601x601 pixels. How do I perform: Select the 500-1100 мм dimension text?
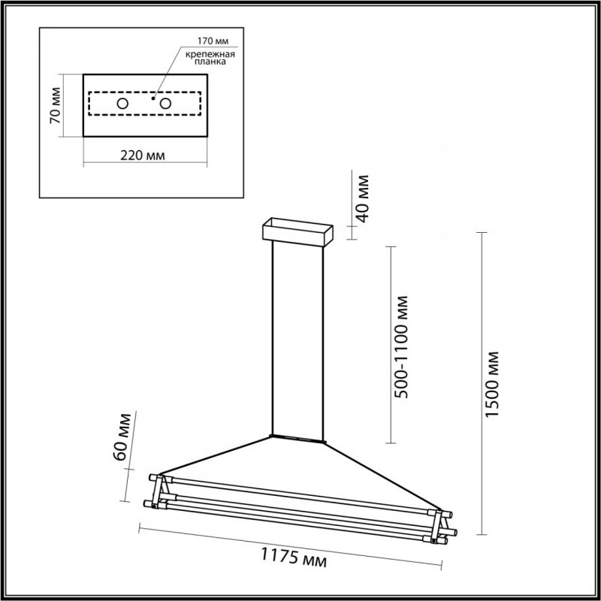point(403,345)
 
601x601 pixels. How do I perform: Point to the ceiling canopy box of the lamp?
point(297,232)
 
